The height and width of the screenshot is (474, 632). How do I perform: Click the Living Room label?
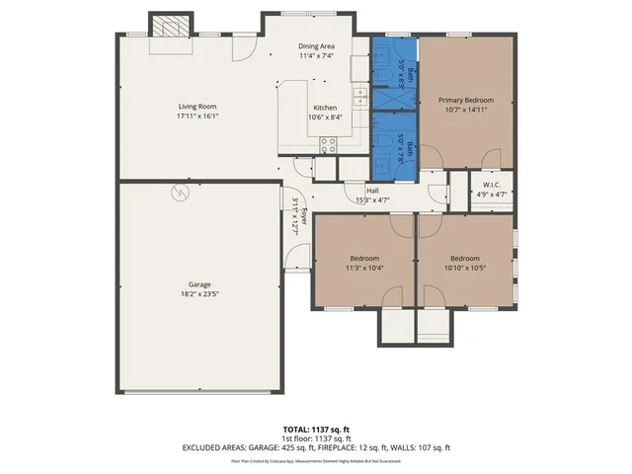pyautogui.click(x=197, y=107)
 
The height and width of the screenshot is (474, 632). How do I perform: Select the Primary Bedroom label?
pyautogui.click(x=466, y=100)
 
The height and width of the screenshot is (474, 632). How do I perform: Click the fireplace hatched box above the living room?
pyautogui.click(x=167, y=25)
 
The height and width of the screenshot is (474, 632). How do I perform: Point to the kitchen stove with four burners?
pyautogui.click(x=329, y=142)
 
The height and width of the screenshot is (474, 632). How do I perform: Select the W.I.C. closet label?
pyautogui.click(x=493, y=185)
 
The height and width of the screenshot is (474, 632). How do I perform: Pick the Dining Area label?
pyautogui.click(x=317, y=46)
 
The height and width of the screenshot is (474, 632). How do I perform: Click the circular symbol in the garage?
pyautogui.click(x=179, y=194)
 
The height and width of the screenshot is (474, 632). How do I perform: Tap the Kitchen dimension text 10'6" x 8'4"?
pyautogui.click(x=325, y=118)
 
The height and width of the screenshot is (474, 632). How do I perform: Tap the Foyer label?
pyautogui.click(x=305, y=218)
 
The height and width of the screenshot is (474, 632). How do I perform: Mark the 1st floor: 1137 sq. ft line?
pyautogui.click(x=316, y=438)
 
